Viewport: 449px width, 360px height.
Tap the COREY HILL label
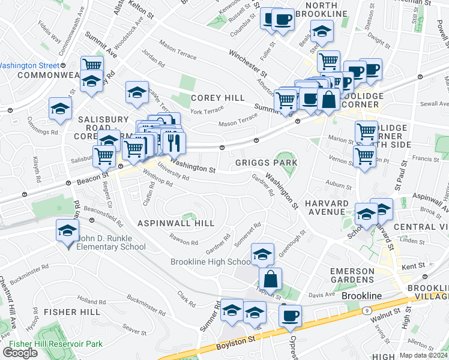tap(218, 98)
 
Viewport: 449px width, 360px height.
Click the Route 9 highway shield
tap(365, 310)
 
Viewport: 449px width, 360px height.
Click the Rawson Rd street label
tap(184, 242)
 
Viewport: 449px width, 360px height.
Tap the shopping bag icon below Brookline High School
tap(270, 278)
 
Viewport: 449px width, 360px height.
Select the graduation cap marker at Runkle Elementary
tap(68, 230)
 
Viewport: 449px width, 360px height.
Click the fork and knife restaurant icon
tap(173, 142)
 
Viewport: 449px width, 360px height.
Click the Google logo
tap(20, 353)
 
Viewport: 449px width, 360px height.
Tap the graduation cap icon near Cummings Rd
tap(60, 108)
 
